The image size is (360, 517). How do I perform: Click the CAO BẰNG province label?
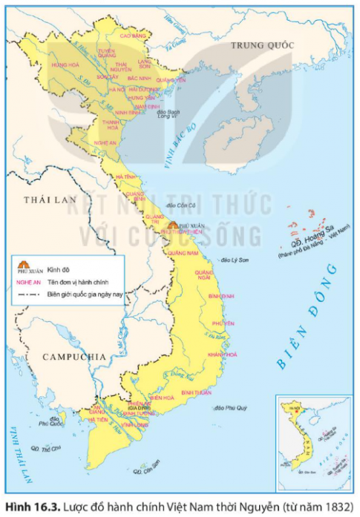coord(131,36)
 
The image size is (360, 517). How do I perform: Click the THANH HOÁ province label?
coord(111,122)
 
